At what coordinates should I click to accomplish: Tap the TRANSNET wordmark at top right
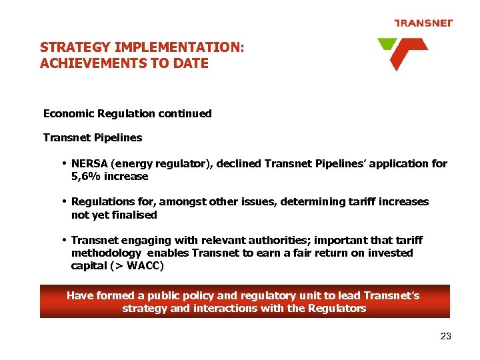click(x=423, y=23)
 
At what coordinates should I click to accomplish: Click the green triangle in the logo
click(x=386, y=44)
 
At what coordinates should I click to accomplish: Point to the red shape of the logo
click(x=405, y=53)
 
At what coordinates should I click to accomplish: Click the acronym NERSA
click(x=91, y=164)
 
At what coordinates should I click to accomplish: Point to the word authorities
click(x=281, y=240)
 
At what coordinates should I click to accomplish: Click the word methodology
click(x=106, y=253)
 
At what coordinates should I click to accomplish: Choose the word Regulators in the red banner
click(x=335, y=308)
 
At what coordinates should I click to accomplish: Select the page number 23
click(x=446, y=336)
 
